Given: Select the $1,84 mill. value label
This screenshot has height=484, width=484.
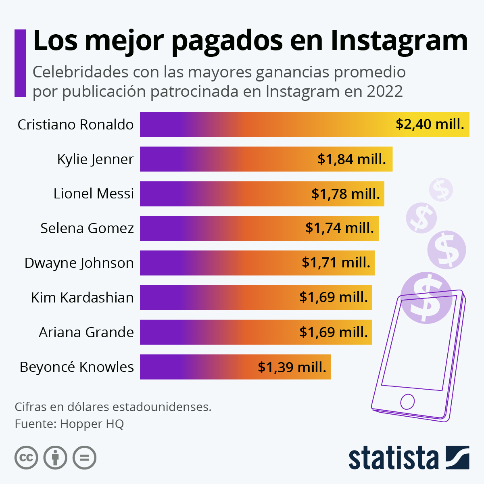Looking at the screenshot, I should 352,159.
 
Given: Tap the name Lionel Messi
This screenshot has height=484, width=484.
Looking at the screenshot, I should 94,194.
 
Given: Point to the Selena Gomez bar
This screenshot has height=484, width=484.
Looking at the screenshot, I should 222,228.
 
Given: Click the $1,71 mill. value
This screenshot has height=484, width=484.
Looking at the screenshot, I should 336,263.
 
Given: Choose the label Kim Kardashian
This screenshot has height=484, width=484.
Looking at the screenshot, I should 82,298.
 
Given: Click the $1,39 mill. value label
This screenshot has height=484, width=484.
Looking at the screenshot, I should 292,367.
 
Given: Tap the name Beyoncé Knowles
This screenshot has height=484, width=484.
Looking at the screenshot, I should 77,367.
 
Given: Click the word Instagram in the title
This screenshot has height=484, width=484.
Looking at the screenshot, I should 399,41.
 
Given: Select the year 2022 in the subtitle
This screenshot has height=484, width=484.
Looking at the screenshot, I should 385,92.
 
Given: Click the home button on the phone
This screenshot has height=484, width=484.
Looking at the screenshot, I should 407,402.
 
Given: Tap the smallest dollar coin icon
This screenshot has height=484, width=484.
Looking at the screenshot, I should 441,189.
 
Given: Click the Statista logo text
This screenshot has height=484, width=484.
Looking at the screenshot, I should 393,458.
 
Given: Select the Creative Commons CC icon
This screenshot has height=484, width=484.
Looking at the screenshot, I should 26,458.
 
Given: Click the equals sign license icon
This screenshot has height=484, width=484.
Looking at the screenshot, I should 85,458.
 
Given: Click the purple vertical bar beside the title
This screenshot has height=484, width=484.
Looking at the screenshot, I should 20,63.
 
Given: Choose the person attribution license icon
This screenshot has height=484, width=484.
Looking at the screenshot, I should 55,458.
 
